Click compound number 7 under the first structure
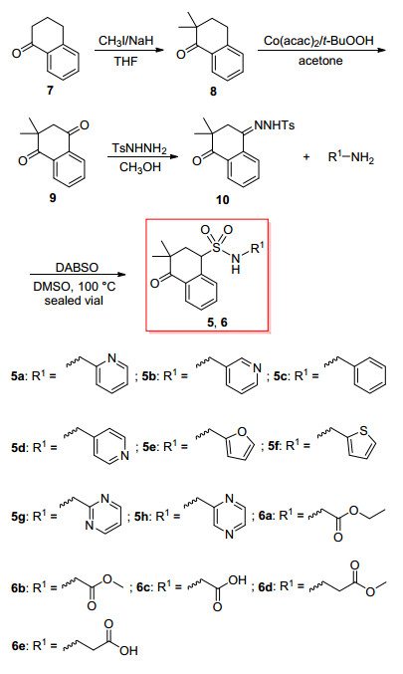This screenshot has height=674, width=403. coord(51,91)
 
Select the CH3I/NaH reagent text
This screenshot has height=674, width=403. coord(125,41)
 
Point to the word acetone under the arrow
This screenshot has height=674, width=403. coord(320,61)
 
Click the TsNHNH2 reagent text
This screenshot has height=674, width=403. coord(139,148)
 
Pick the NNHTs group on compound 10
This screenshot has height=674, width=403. coord(275,125)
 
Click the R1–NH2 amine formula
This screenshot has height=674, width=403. coord(350,157)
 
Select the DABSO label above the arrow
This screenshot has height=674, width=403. coord(77,268)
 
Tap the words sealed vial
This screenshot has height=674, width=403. coord(74,301)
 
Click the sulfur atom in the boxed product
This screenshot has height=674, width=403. coord(217,246)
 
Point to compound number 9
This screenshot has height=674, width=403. coord(53,198)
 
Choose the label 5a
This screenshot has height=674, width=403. coord(19,376)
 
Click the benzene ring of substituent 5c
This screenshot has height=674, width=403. coord(370,376)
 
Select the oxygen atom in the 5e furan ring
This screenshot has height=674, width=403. coord(242,431)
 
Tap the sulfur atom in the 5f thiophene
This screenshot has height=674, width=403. coord(365,430)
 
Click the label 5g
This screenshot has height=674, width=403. coord(19,516)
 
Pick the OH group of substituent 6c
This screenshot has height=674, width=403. coord(237,580)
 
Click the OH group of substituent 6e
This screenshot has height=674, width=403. coord(129,651)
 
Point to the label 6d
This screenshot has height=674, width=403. coord(267,585)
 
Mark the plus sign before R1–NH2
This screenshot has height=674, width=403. coord(306,157)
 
